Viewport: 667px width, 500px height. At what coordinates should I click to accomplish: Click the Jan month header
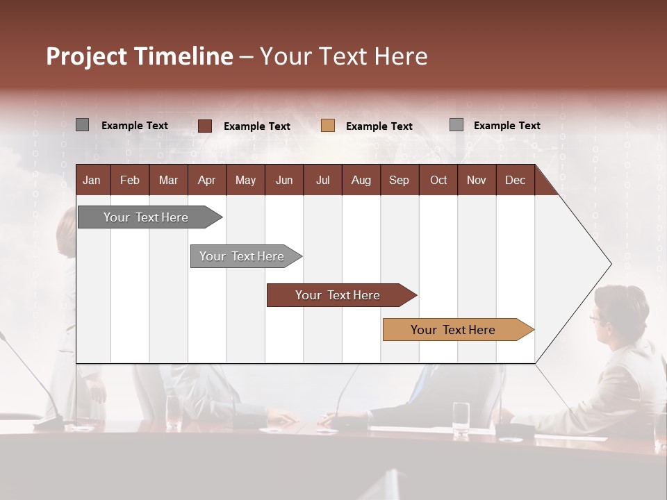(92, 180)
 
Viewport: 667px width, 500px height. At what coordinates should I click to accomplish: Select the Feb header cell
(130, 180)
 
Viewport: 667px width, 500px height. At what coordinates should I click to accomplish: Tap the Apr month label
(206, 180)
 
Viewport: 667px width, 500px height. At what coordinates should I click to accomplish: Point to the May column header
(245, 180)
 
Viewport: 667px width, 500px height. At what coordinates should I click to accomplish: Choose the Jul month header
(322, 180)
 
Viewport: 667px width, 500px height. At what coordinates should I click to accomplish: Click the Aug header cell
(361, 180)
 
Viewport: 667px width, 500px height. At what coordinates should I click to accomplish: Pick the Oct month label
(438, 180)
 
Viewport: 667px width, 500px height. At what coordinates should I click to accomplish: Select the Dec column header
(515, 180)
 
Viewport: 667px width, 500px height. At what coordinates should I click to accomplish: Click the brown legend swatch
(205, 126)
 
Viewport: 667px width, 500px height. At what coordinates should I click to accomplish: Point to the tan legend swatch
(328, 126)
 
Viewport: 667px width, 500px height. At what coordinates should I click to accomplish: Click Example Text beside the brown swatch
(256, 126)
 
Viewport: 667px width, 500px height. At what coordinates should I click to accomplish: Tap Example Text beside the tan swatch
(379, 126)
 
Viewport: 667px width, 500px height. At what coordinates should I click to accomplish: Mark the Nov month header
(476, 180)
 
